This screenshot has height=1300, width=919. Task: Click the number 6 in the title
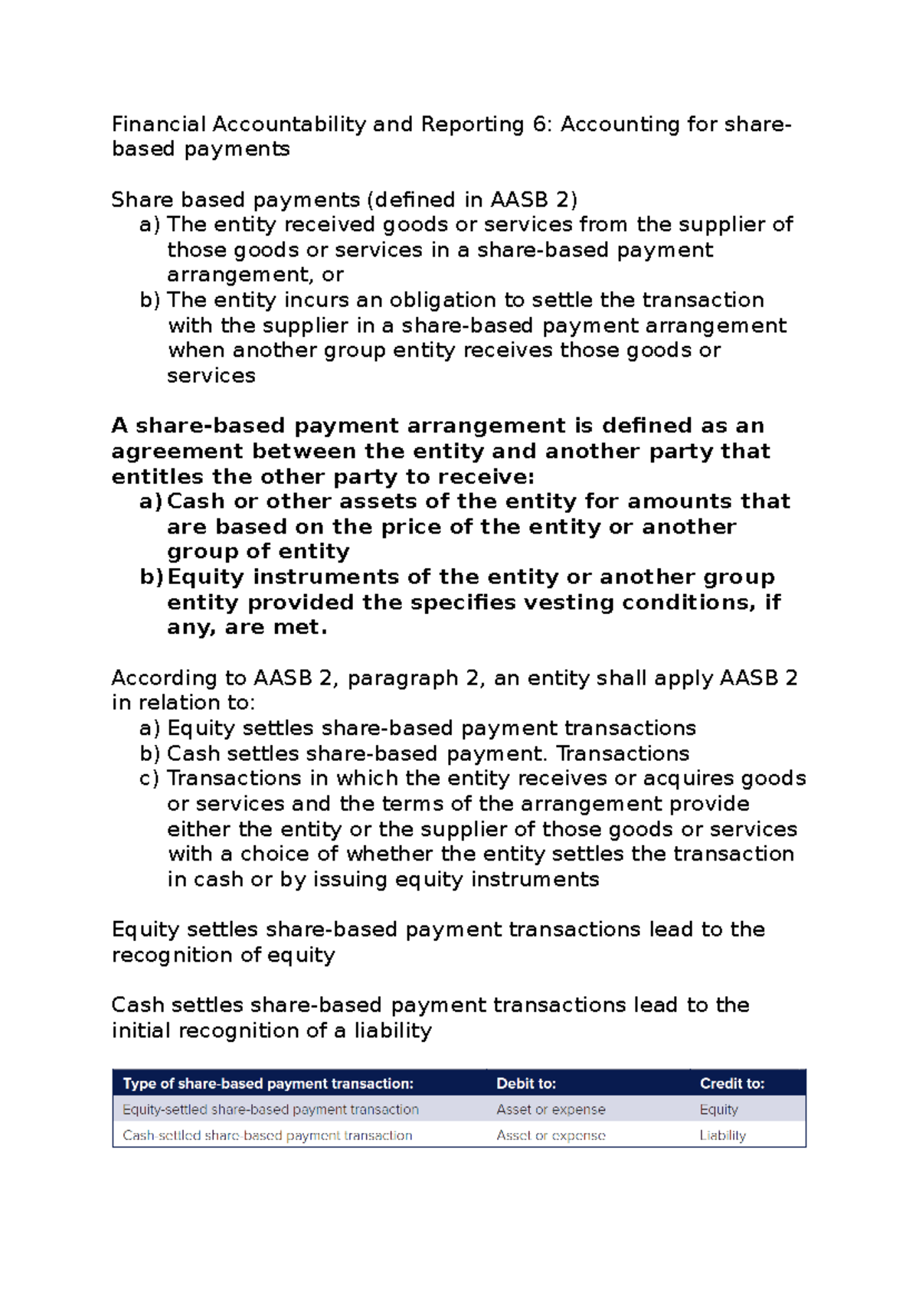[540, 124]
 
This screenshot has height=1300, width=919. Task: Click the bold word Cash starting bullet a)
[196, 501]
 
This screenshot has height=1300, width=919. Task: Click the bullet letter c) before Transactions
[149, 779]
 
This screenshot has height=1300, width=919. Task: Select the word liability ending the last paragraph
[393, 1031]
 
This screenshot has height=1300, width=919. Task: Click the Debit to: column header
[526, 1083]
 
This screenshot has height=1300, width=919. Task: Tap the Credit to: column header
[731, 1083]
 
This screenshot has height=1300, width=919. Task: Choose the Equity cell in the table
[718, 1109]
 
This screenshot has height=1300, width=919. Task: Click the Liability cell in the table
[722, 1135]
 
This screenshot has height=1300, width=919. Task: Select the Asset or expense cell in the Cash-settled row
[551, 1135]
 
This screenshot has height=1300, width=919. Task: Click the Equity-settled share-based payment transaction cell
[270, 1109]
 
